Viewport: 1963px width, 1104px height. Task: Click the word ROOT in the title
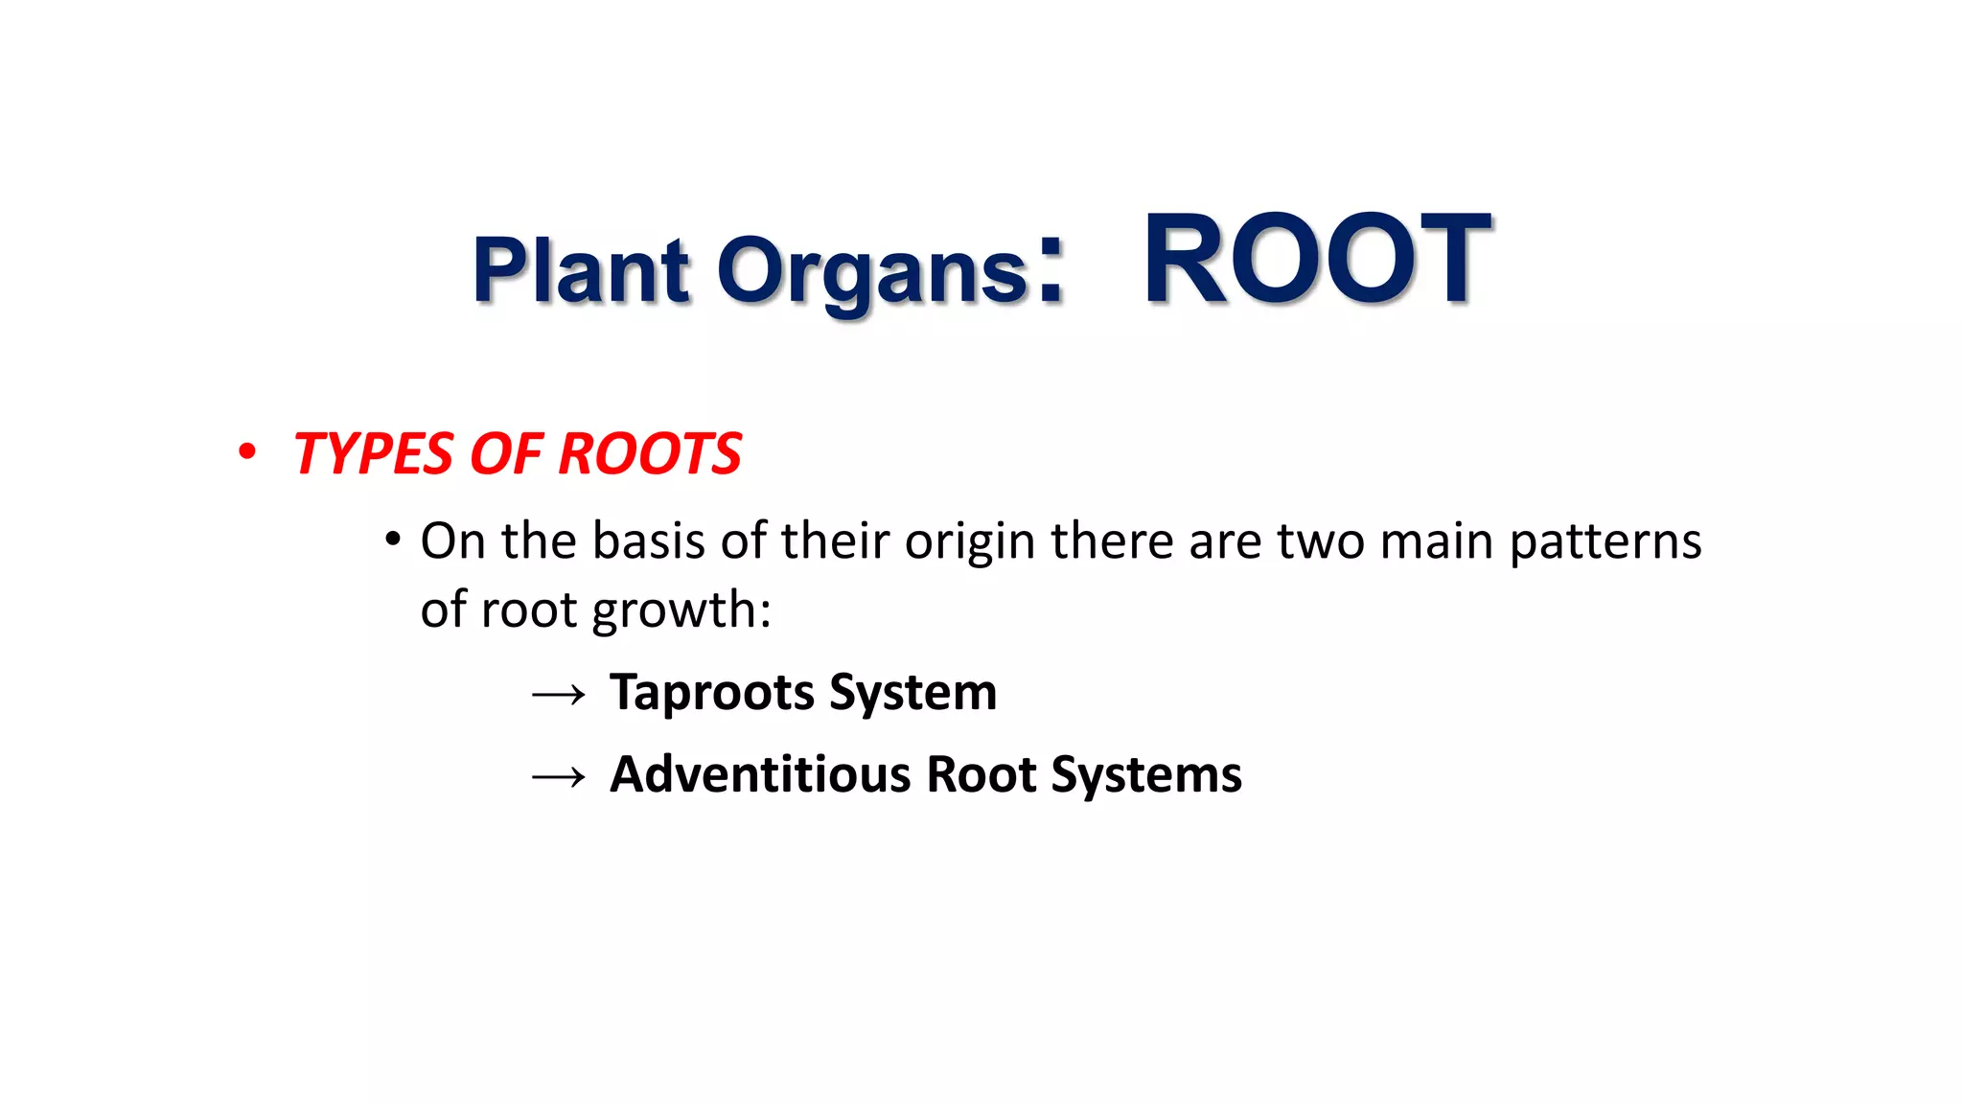point(1316,261)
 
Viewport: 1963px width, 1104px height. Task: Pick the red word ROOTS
point(649,453)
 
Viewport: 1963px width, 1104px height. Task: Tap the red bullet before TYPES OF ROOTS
point(247,451)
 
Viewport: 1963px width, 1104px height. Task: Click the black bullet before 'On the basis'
point(392,540)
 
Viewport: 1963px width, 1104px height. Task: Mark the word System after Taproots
point(912,693)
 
